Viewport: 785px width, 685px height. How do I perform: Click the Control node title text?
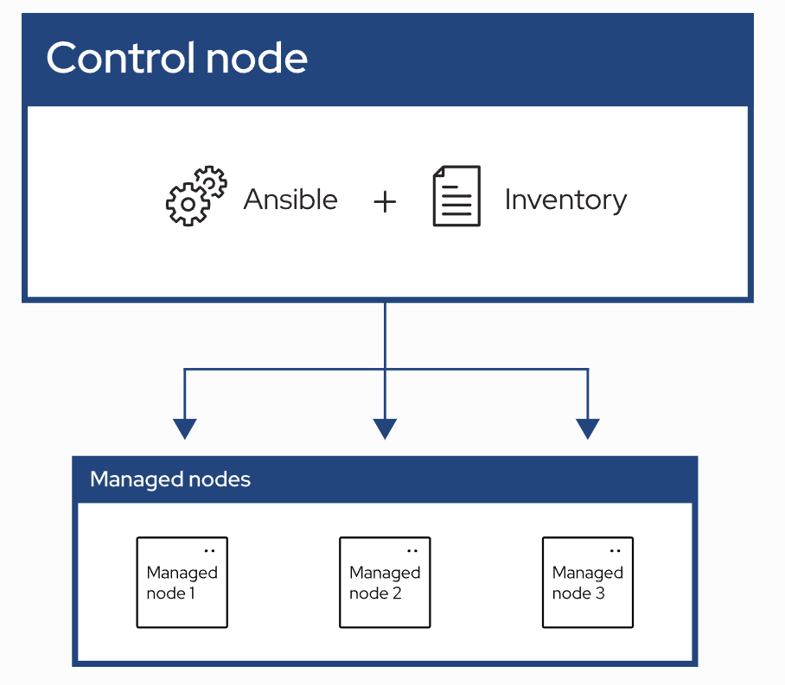point(176,59)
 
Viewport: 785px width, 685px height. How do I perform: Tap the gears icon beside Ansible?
point(195,196)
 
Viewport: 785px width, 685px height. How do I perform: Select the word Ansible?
point(290,200)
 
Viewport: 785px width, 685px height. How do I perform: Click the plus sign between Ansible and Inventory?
point(385,201)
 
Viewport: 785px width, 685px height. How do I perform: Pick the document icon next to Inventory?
point(456,196)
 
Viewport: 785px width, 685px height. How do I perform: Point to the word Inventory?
point(565,200)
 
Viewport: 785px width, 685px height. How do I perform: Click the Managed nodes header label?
point(170,479)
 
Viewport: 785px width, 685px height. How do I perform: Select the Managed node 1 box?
point(182,582)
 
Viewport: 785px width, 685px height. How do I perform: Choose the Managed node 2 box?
point(385,582)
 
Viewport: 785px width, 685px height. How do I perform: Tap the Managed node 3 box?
point(588,582)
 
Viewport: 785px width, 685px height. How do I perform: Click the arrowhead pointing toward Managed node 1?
point(185,428)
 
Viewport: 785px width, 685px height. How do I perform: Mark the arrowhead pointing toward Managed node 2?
point(385,428)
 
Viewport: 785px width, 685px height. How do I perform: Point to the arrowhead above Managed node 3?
point(588,428)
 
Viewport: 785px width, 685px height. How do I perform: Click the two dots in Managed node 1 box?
point(209,550)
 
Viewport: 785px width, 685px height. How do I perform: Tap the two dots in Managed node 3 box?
point(615,550)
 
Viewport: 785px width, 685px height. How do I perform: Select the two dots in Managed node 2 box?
point(412,550)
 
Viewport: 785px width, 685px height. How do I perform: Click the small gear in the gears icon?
point(211,181)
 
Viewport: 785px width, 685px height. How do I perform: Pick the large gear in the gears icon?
point(186,205)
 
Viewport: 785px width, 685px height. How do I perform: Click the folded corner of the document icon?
point(472,174)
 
